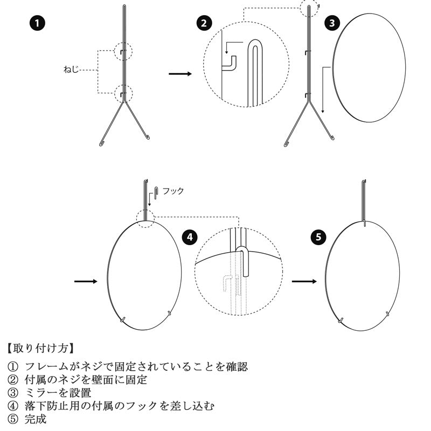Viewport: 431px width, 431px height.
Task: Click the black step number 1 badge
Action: (x=37, y=23)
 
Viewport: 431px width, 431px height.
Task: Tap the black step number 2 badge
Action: (x=204, y=23)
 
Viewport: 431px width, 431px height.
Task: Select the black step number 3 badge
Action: (x=332, y=23)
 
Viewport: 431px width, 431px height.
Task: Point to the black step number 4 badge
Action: (x=190, y=237)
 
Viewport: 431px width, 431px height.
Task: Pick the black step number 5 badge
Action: (x=318, y=237)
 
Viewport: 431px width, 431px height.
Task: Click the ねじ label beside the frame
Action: (x=71, y=69)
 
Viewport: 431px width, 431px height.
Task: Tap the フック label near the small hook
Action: (x=173, y=191)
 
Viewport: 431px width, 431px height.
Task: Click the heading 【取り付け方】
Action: (x=40, y=348)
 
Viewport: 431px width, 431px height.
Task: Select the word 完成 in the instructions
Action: (x=36, y=419)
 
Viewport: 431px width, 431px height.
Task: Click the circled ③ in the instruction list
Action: (x=12, y=393)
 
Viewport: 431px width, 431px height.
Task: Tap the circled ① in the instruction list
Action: (x=12, y=367)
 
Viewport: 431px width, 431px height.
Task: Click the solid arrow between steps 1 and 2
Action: (x=180, y=74)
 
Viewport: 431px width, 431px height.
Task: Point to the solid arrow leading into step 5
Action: (x=304, y=281)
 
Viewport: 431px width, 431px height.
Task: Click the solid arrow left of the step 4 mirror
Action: (x=86, y=281)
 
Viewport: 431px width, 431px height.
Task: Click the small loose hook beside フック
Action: (x=156, y=193)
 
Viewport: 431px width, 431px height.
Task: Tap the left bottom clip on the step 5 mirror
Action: (x=341, y=320)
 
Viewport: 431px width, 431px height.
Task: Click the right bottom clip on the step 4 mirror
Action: (x=170, y=314)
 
